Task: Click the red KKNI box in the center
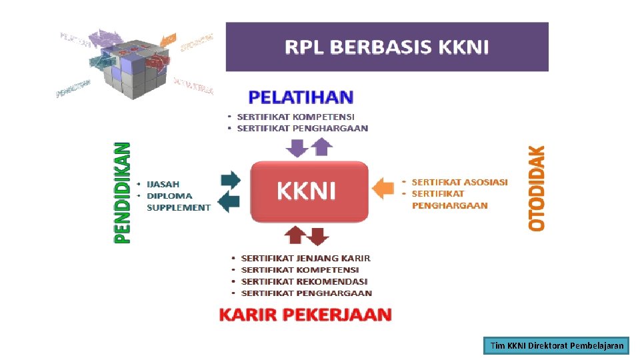pyautogui.click(x=309, y=191)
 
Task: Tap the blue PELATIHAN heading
pyautogui.click(x=300, y=97)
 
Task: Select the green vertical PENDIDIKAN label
pyautogui.click(x=123, y=193)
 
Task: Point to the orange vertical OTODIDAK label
pyautogui.click(x=537, y=189)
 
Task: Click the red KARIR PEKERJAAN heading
pyautogui.click(x=305, y=315)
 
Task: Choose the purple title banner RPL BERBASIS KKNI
pyautogui.click(x=387, y=47)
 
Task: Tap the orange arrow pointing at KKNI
pyautogui.click(x=383, y=187)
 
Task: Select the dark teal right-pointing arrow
pyautogui.click(x=230, y=180)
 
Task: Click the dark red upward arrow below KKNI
pyautogui.click(x=295, y=235)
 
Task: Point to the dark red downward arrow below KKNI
pyautogui.click(x=319, y=235)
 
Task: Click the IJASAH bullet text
pyautogui.click(x=163, y=184)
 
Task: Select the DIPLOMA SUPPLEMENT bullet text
pyautogui.click(x=178, y=201)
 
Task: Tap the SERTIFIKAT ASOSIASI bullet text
pyautogui.click(x=459, y=182)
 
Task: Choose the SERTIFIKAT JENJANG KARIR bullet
pyautogui.click(x=305, y=258)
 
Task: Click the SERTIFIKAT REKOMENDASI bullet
pyautogui.click(x=304, y=281)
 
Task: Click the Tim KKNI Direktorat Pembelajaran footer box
pyautogui.click(x=557, y=345)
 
